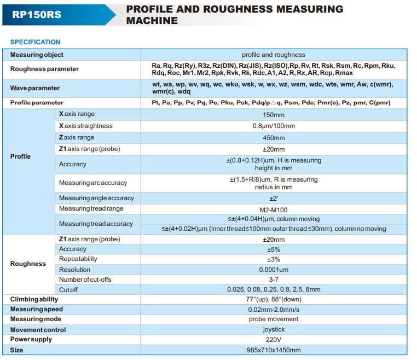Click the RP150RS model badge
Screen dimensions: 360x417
pyautogui.click(x=37, y=15)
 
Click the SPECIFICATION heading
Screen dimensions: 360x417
pyautogui.click(x=36, y=42)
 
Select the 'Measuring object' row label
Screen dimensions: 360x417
pyautogui.click(x=37, y=55)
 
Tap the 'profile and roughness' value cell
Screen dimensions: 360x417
pyautogui.click(x=274, y=55)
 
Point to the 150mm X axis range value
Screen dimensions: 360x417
pyautogui.click(x=274, y=114)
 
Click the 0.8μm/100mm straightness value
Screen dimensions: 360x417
pyautogui.click(x=274, y=126)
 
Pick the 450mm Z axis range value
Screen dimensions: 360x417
pyautogui.click(x=274, y=138)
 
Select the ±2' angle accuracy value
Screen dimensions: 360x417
pyautogui.click(x=274, y=198)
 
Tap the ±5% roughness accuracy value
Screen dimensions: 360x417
pyautogui.click(x=274, y=249)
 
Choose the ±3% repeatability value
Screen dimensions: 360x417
pyautogui.click(x=274, y=259)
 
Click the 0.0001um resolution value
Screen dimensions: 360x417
pyautogui.click(x=274, y=269)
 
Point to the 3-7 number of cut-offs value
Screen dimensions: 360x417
pyautogui.click(x=274, y=280)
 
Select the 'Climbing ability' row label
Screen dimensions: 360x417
pyautogui.click(x=34, y=299)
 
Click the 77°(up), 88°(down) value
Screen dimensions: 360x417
pyautogui.click(x=274, y=299)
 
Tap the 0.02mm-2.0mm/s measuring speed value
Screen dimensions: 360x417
pyautogui.click(x=274, y=309)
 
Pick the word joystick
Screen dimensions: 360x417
pyautogui.click(x=274, y=330)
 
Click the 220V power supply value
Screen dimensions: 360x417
pyautogui.click(x=274, y=339)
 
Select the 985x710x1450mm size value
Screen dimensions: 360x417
pyautogui.click(x=274, y=350)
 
